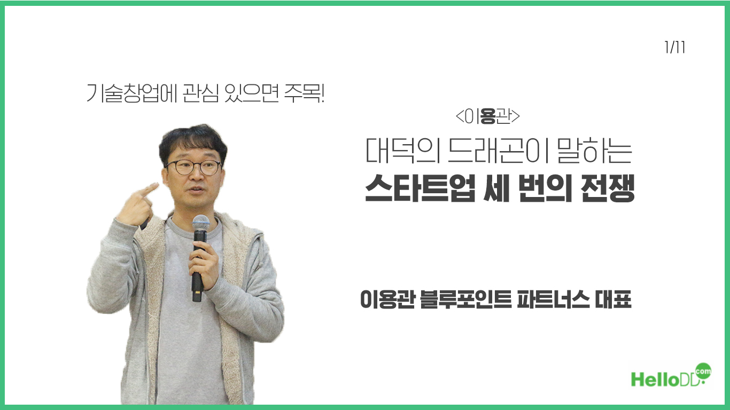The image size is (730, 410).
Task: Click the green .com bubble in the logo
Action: [703, 371]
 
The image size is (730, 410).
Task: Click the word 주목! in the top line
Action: [304, 93]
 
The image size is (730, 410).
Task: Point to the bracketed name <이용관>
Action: [487, 116]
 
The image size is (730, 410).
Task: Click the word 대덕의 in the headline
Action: [402, 151]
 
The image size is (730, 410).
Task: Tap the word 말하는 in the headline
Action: [595, 151]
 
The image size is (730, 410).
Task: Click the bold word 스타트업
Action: [420, 188]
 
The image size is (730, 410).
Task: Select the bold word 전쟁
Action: [608, 188]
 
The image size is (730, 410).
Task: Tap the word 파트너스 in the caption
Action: [553, 299]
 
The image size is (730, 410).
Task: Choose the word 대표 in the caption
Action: [613, 299]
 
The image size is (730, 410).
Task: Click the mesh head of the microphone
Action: [200, 223]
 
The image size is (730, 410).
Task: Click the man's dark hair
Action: [193, 141]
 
